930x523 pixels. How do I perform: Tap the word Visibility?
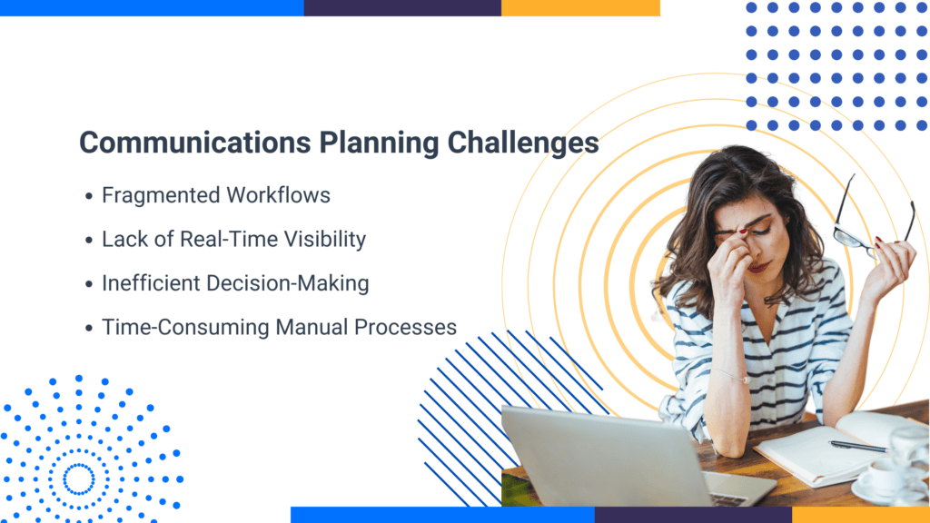click(322, 239)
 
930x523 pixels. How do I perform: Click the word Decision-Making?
click(296, 282)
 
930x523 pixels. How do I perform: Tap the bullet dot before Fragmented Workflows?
click(88, 196)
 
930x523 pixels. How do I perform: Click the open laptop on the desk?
click(627, 459)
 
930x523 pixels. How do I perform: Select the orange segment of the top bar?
click(580, 7)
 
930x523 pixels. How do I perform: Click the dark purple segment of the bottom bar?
click(693, 515)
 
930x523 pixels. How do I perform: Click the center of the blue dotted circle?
click(79, 478)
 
